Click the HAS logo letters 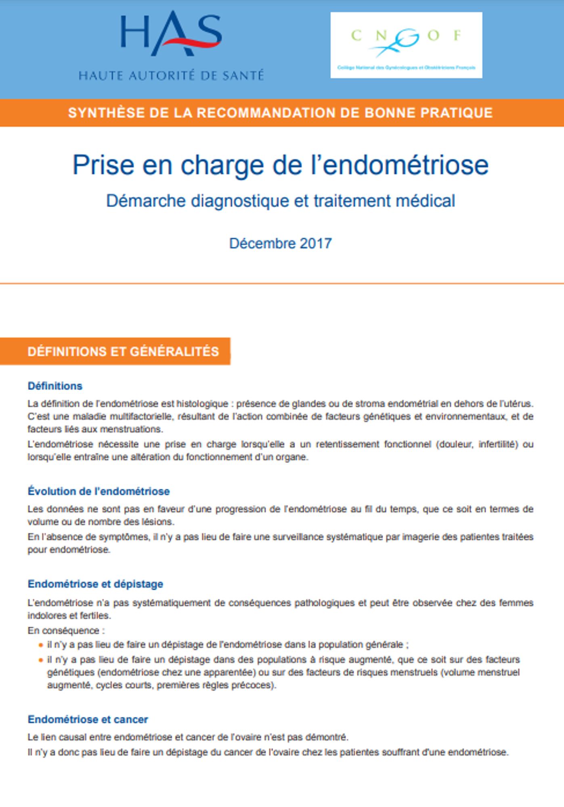[171, 34]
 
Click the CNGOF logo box [406, 45]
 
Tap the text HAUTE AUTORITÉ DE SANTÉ [171, 75]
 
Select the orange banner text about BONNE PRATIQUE [280, 113]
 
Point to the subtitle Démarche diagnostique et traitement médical [280, 201]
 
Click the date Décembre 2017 [280, 243]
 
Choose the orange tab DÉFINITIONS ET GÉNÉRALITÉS [123, 351]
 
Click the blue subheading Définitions [55, 386]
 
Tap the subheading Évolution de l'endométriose [99, 491]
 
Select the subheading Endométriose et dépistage [95, 584]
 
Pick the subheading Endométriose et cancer [88, 719]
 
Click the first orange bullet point [40, 645]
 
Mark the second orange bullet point [40, 660]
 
